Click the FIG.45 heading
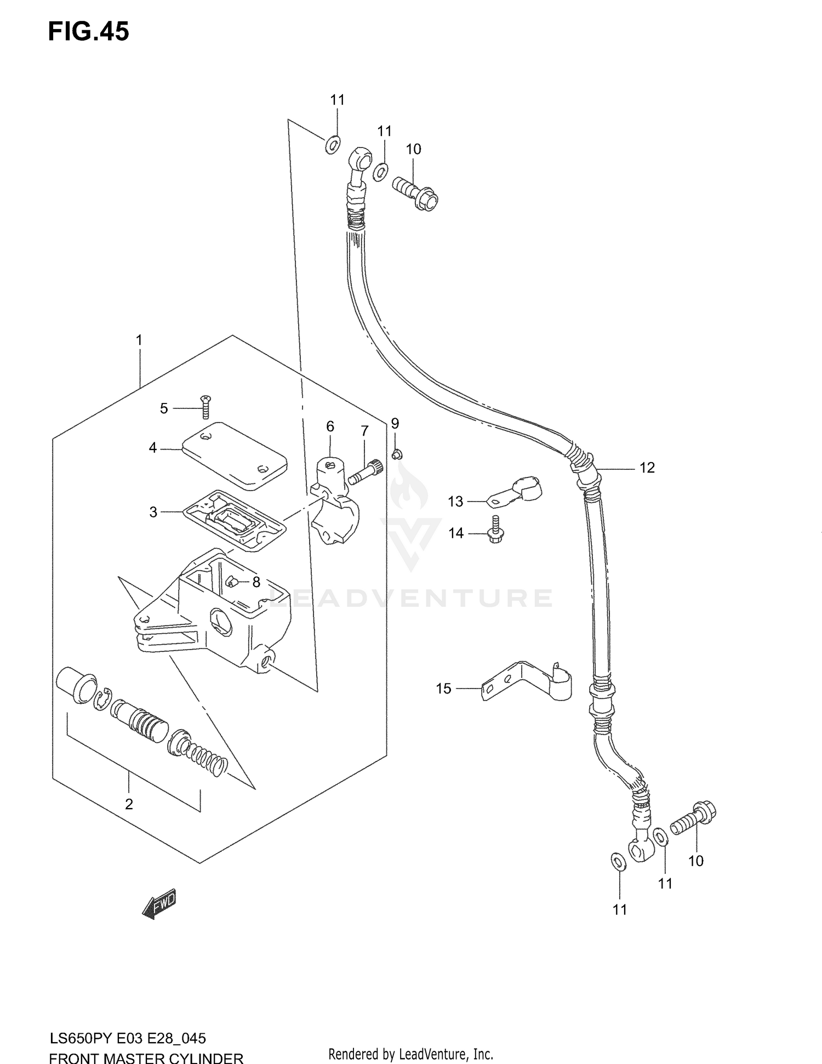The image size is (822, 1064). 88,32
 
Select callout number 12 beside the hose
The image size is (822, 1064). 647,468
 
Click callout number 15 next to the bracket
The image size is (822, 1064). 443,688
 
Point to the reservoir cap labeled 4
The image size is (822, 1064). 235,455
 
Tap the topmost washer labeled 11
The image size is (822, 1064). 332,145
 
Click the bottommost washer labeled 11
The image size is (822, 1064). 618,861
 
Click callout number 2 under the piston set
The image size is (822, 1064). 129,804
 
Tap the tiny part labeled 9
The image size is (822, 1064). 397,453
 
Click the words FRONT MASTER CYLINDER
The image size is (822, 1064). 146,1057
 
